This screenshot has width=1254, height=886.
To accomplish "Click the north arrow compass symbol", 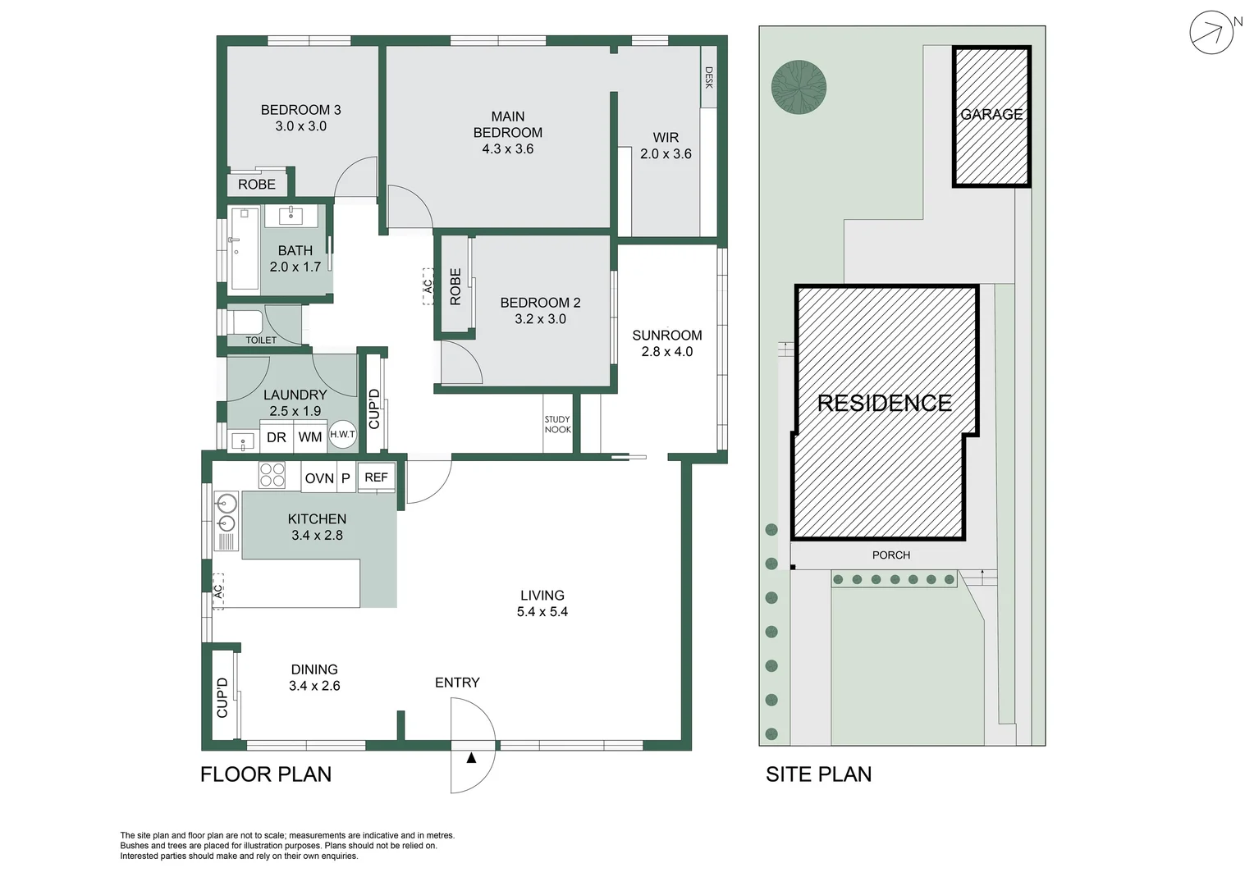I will point(1211,33).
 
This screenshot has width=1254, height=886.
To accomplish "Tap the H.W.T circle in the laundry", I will point(342,435).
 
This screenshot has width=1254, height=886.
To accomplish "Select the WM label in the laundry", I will point(309,437).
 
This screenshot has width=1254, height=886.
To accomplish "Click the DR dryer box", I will point(277,437).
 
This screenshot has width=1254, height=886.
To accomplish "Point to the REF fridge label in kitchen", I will point(376,477).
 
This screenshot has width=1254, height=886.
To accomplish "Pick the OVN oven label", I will point(319,478).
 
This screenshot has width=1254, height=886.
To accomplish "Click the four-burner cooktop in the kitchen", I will point(272,476).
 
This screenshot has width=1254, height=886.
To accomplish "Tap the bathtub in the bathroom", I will point(244,249).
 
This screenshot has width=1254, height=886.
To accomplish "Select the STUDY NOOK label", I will point(557,424).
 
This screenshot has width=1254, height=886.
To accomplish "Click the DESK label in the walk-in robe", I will point(709,78).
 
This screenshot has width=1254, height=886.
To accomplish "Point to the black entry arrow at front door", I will point(471,758).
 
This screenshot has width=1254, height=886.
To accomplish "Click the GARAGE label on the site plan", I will point(991,115).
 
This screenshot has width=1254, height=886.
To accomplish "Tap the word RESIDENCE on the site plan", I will point(885,403).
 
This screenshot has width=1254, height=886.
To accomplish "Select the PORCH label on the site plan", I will point(890,555).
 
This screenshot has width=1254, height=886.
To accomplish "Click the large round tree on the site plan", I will point(799,87).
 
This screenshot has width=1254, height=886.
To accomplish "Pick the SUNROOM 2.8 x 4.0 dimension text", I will point(666,351).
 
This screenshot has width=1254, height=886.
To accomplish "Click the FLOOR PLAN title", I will point(266,774).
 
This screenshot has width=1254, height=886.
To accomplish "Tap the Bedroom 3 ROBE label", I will point(257,185).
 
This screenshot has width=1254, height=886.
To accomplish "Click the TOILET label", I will point(261,340).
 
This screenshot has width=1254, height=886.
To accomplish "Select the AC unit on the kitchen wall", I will point(218,591).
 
